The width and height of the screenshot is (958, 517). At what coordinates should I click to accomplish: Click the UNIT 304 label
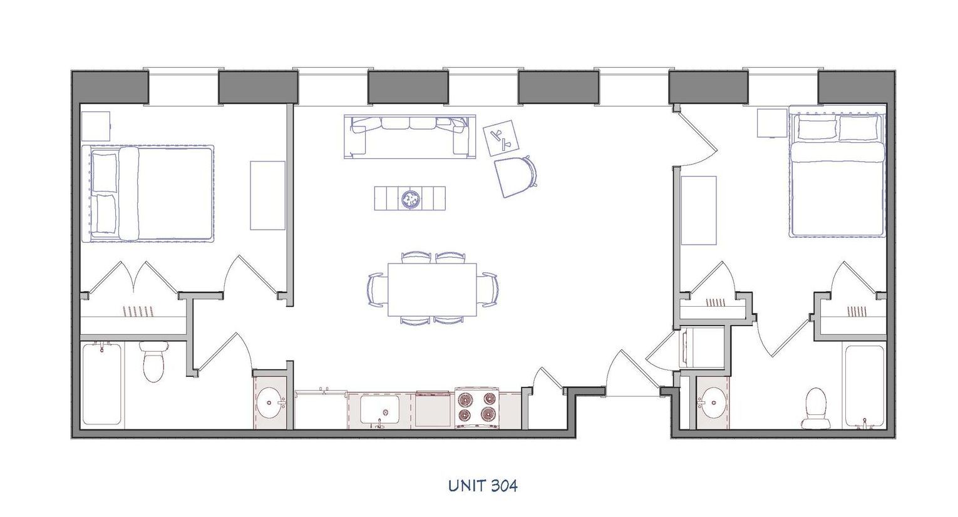483,485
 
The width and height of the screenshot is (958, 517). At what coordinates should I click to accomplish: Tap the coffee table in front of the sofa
410,198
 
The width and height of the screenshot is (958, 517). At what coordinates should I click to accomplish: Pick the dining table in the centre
433,289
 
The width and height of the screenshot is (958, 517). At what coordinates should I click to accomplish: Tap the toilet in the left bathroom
153,362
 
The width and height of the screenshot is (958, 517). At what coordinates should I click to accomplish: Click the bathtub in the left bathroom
101,384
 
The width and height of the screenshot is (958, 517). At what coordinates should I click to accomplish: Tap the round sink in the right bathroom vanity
712,401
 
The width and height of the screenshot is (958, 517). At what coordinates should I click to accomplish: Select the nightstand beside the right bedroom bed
771,123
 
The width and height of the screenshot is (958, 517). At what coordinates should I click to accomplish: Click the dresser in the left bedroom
267,195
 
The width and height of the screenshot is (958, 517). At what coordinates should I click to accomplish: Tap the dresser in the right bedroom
698,210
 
